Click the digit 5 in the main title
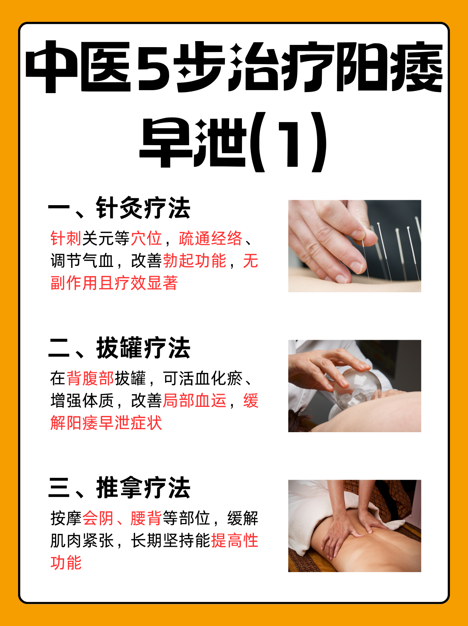pyautogui.click(x=155, y=67)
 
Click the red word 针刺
pyautogui.click(x=66, y=238)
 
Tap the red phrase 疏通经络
pyautogui.click(x=210, y=238)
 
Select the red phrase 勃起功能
pyautogui.click(x=194, y=261)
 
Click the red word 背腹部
pyautogui.click(x=90, y=378)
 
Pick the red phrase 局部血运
pyautogui.click(x=194, y=400)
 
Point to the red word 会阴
pyautogui.click(x=98, y=518)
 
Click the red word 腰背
pyautogui.click(x=146, y=518)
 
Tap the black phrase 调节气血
pyautogui.click(x=82, y=261)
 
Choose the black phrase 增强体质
pyautogui.click(x=82, y=400)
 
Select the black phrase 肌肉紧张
pyautogui.click(x=82, y=540)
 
